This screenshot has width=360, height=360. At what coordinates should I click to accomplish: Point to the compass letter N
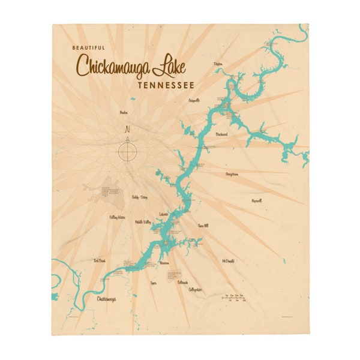coord(127,129)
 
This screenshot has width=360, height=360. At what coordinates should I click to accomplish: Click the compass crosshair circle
coord(127,149)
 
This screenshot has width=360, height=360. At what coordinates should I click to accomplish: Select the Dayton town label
coord(218,62)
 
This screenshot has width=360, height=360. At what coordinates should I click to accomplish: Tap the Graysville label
coord(194,100)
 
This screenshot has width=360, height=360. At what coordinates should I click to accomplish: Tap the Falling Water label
coord(117,217)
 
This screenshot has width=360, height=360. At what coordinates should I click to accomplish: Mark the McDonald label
coord(228,262)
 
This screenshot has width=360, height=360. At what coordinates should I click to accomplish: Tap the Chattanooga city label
coord(106,298)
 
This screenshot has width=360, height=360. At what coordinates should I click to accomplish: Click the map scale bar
coord(234,298)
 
